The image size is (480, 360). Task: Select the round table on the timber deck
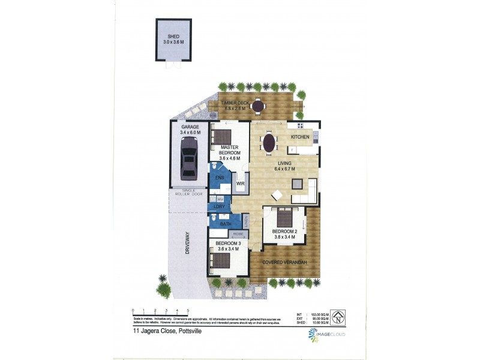(x=258, y=106)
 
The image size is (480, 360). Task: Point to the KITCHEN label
(x=300, y=137)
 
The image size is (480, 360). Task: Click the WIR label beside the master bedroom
(x=240, y=183)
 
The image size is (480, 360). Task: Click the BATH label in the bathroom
(x=226, y=224)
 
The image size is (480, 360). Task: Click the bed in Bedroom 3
(x=221, y=261)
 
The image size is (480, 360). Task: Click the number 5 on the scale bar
(x=188, y=311)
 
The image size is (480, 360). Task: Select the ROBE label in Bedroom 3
(x=238, y=233)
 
